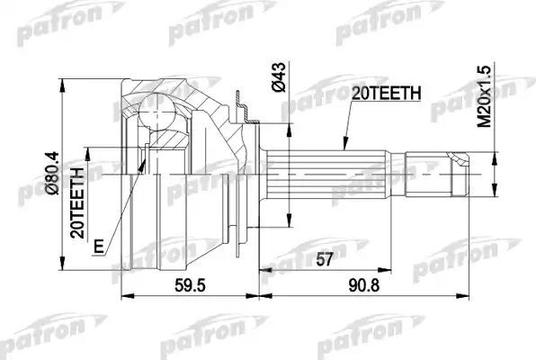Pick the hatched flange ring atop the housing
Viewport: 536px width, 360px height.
(x=242, y=104)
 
